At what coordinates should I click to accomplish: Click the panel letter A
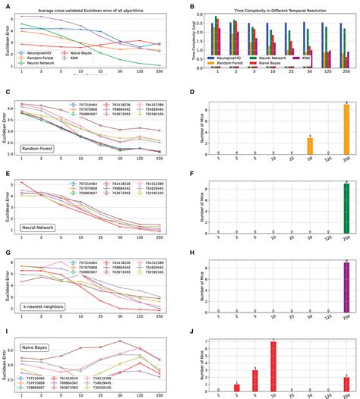tap(5, 5)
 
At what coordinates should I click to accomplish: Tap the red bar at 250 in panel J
tap(346, 387)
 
